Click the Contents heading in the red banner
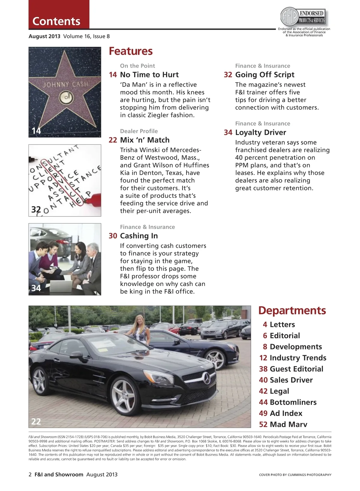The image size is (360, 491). [x=56, y=21]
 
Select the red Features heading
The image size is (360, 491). [x=130, y=51]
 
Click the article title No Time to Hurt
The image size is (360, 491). [x=149, y=75]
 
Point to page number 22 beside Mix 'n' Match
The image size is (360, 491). [x=113, y=140]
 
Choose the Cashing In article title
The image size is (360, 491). [x=139, y=236]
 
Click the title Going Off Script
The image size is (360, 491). [x=265, y=75]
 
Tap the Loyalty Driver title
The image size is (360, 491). [x=260, y=132]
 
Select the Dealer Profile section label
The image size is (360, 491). [x=139, y=131]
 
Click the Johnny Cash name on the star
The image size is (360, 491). [x=65, y=85]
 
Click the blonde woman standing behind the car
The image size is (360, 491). [x=140, y=329]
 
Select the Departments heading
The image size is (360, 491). [x=292, y=311]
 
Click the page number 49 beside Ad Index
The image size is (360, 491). [x=263, y=413]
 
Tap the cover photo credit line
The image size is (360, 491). [x=295, y=475]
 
